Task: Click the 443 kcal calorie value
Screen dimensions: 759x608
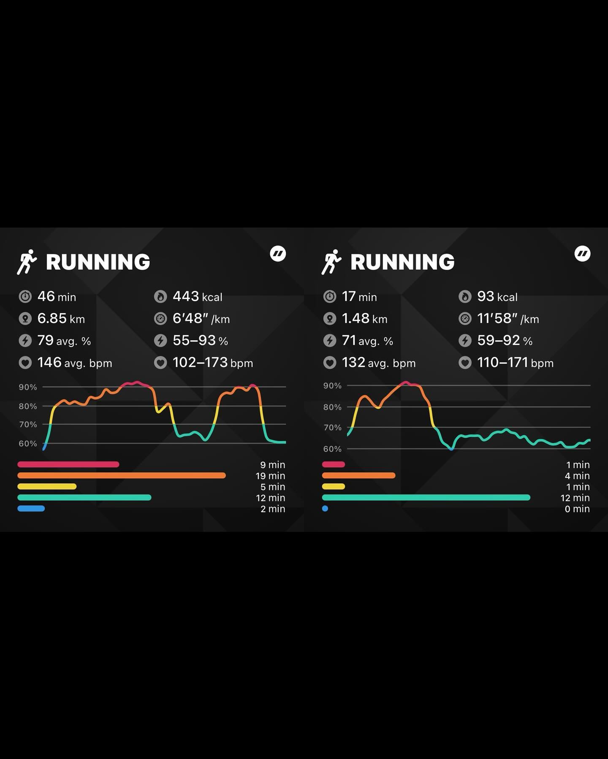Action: pos(197,297)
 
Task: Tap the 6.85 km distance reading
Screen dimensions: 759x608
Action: pos(61,319)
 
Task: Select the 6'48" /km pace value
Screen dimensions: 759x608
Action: pos(201,319)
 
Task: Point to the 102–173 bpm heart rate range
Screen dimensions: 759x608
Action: pos(212,363)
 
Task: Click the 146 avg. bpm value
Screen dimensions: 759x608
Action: pos(74,363)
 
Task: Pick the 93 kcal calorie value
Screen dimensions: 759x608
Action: pos(497,297)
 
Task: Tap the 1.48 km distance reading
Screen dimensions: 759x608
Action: pos(364,319)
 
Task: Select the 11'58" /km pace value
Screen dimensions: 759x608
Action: pos(508,319)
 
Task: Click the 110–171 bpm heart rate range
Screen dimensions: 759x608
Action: pos(515,363)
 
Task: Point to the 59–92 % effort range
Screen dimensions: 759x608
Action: pos(505,341)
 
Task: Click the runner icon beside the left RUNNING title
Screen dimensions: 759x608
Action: pos(27,262)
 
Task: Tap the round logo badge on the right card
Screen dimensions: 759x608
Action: pos(582,254)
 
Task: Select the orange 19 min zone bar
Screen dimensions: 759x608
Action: pos(122,475)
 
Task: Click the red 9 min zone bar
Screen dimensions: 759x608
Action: pos(68,464)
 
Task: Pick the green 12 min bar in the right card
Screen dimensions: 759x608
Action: pos(426,498)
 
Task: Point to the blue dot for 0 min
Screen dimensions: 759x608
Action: pos(325,509)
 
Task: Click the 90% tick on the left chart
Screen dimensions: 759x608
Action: pos(28,387)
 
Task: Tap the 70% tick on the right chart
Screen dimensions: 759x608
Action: pos(332,428)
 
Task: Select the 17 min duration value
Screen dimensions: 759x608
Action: pos(359,297)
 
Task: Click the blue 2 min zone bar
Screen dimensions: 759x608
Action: pos(31,509)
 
